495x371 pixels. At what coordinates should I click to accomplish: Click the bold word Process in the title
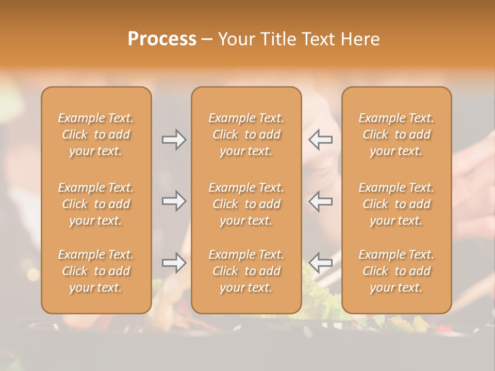tap(162, 39)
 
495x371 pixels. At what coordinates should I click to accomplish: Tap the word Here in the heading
tap(359, 39)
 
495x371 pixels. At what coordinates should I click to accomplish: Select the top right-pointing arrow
tap(174, 140)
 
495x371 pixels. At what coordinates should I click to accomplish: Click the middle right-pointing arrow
tap(174, 201)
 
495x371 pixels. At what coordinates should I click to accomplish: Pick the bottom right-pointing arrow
tap(174, 263)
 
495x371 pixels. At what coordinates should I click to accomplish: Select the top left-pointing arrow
tap(320, 140)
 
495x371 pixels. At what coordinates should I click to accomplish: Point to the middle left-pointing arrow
tap(320, 201)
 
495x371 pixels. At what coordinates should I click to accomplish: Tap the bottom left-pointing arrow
tap(320, 263)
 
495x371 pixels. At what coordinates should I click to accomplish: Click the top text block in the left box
tap(96, 134)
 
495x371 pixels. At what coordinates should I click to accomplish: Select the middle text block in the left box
tap(96, 204)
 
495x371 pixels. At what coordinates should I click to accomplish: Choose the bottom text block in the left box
tap(96, 271)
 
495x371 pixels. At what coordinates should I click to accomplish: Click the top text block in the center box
tap(246, 134)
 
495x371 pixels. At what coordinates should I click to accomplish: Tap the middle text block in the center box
tap(246, 204)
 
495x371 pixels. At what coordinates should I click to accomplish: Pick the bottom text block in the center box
tap(246, 271)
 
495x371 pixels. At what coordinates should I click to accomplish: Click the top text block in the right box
tap(396, 134)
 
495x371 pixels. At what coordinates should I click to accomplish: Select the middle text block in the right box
tap(396, 204)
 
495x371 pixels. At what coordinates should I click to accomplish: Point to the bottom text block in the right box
tap(396, 271)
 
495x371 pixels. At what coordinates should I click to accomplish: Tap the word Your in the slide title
tap(236, 39)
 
